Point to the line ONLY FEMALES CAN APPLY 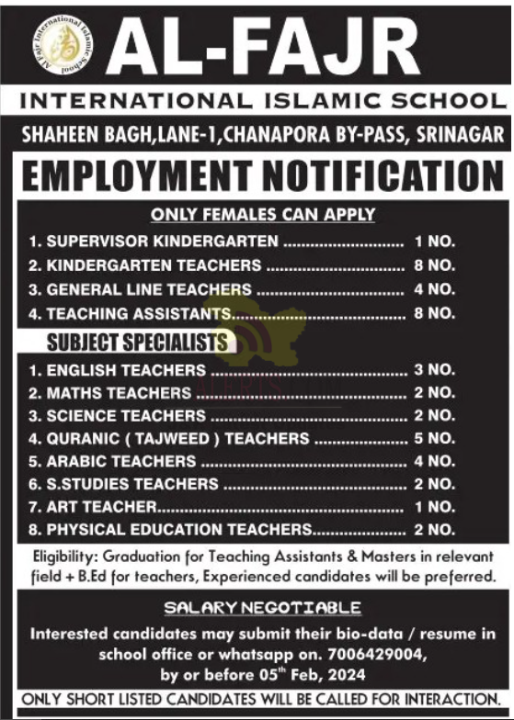click(x=263, y=215)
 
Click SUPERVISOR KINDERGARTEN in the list click(x=162, y=242)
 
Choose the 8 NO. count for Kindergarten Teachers click(x=434, y=265)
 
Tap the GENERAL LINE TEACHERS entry click(x=148, y=289)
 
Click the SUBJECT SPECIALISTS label click(x=136, y=343)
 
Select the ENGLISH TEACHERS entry click(x=126, y=370)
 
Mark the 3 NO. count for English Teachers click(x=434, y=370)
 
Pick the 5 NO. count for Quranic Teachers click(x=434, y=439)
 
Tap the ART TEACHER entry click(x=102, y=507)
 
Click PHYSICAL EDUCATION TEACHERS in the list click(x=179, y=530)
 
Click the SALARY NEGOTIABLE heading click(x=262, y=608)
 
